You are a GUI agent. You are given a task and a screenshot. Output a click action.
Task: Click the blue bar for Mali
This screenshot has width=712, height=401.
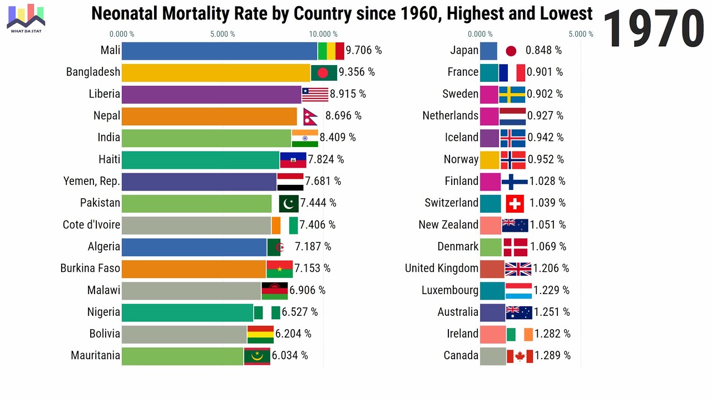[x=219, y=51]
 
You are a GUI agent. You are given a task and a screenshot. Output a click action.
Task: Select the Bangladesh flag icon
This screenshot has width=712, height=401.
[x=324, y=72]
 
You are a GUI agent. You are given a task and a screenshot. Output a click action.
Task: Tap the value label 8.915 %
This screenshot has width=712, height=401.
[x=348, y=94]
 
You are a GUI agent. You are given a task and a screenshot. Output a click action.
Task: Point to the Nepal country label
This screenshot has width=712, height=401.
[x=107, y=116]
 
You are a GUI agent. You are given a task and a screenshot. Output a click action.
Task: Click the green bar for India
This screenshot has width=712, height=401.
[x=206, y=138]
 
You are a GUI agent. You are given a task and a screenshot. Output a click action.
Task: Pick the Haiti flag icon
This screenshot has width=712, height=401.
[x=293, y=160]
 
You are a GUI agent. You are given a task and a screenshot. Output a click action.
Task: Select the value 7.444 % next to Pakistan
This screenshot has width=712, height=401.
[x=318, y=203]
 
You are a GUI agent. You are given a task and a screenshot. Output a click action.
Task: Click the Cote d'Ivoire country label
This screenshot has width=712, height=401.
[x=91, y=225]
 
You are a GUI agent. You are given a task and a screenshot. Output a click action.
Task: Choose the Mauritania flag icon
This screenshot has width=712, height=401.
[x=257, y=356]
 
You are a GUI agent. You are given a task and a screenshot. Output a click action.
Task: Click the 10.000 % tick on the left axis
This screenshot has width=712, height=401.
[x=324, y=35]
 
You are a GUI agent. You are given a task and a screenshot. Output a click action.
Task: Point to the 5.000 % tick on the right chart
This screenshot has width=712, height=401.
[x=581, y=35]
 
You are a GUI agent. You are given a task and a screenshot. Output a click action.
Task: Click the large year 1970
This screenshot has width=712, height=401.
[x=654, y=29]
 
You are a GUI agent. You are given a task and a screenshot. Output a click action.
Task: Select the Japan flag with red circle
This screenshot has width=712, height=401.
[x=511, y=51]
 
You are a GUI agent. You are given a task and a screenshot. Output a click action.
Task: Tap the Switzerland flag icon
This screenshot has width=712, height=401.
[x=515, y=203]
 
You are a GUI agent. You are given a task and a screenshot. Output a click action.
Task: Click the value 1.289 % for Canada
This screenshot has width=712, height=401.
[x=552, y=356]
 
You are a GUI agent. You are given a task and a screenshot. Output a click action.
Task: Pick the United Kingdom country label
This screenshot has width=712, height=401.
[x=442, y=268]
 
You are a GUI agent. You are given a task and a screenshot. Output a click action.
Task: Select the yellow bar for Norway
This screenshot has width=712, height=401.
[x=489, y=160]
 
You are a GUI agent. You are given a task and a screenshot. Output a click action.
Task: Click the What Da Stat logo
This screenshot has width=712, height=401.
[x=26, y=18]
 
